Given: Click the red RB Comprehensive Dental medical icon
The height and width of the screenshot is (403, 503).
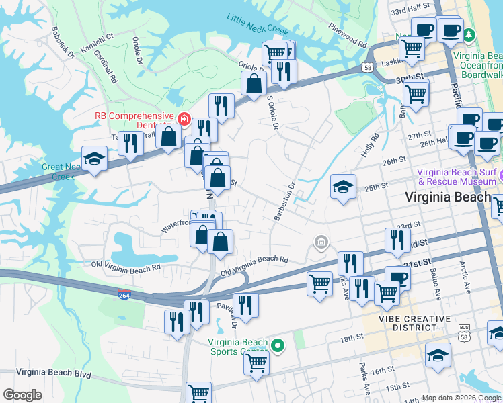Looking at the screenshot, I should pyautogui.click(x=184, y=119).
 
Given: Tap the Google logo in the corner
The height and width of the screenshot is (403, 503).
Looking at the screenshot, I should pyautogui.click(x=22, y=395).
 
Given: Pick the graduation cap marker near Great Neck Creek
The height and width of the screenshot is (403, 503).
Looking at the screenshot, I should pyautogui.click(x=94, y=159).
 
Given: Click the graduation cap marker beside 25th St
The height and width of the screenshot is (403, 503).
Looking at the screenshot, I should pyautogui.click(x=343, y=186).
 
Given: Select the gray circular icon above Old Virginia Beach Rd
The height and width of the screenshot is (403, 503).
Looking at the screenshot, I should pyautogui.click(x=321, y=242).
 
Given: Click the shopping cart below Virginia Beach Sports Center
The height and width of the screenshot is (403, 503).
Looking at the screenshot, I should pyautogui.click(x=257, y=362).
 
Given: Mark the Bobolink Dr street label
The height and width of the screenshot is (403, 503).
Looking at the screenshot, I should pyautogui.click(x=63, y=44).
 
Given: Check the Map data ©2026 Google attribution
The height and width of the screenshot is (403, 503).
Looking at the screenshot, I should pyautogui.click(x=462, y=398).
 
